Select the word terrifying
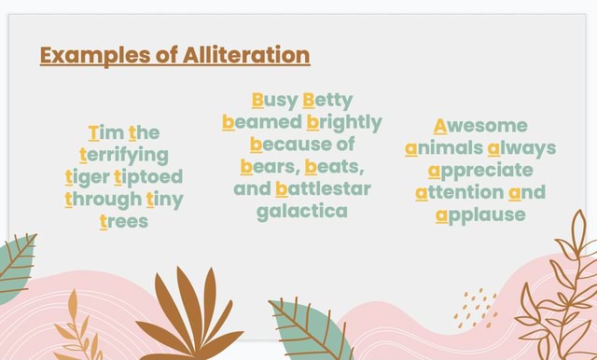[x=124, y=154]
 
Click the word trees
[x=123, y=221]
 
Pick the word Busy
[x=270, y=101]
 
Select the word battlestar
[x=323, y=189]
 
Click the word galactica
[x=302, y=211]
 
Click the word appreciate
[x=480, y=171]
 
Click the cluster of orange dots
[x=476, y=307]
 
